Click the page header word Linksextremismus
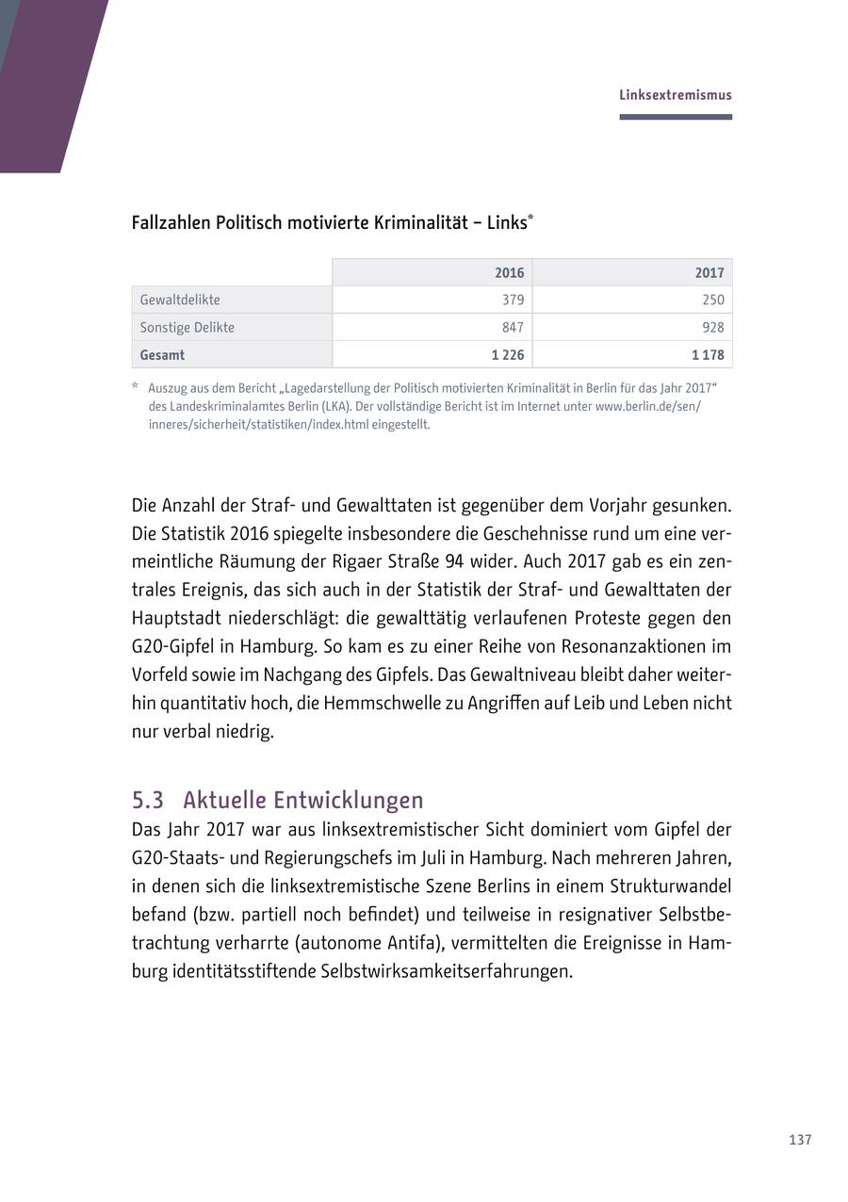pos(675,95)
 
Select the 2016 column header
pos(509,273)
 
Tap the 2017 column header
pos(709,273)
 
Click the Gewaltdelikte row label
pos(180,300)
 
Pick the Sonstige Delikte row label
pos(187,328)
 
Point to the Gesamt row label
pos(162,355)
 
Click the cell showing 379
pos(513,300)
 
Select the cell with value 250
pos(712,300)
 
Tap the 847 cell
pos(513,328)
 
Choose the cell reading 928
pos(712,328)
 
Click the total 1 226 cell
pos(507,355)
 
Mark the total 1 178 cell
pos(708,355)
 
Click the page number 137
pos(800,1140)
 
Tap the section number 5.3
pos(147,800)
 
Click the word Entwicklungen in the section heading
pos(350,800)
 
